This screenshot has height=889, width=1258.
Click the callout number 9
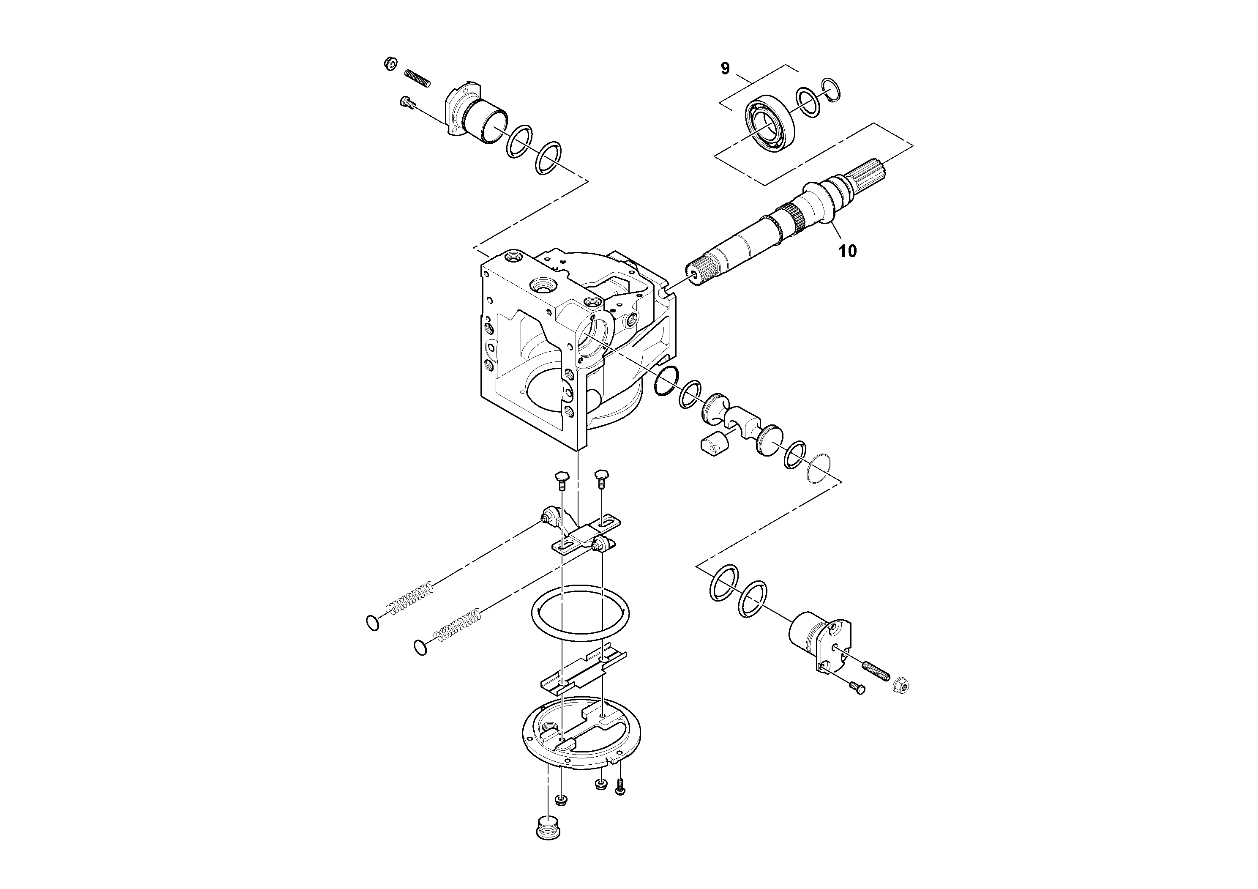(x=725, y=68)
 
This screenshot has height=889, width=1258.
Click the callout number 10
(x=847, y=252)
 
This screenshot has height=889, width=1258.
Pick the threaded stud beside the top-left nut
(x=417, y=78)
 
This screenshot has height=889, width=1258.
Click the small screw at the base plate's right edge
(x=620, y=787)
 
